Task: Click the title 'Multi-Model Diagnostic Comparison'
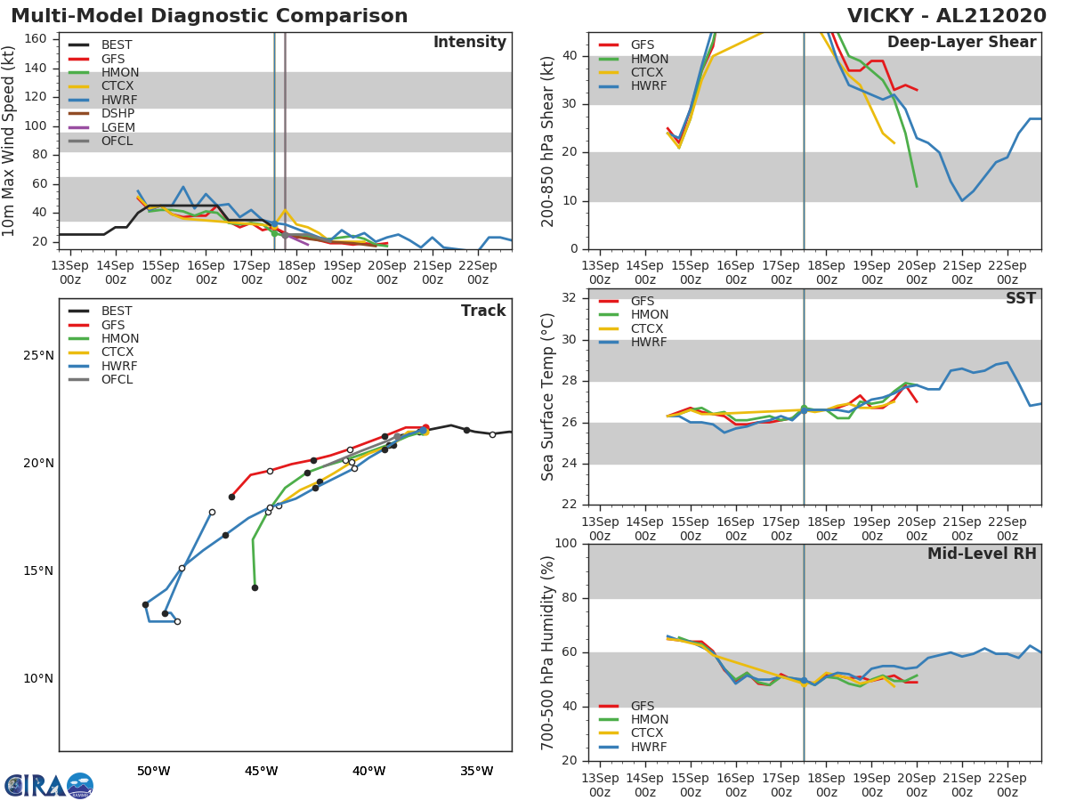tap(209, 16)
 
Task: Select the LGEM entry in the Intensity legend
tap(117, 127)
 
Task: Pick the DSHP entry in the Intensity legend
tap(117, 114)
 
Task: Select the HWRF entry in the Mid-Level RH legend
tap(649, 747)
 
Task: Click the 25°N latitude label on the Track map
tap(37, 356)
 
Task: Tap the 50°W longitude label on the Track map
tap(153, 771)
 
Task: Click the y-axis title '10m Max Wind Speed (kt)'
tap(10, 141)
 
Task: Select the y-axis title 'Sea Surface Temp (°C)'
tap(549, 398)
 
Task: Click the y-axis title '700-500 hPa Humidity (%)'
tap(549, 652)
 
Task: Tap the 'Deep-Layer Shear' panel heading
tap(961, 43)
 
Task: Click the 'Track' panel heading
tap(483, 311)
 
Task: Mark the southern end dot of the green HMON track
tap(255, 587)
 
